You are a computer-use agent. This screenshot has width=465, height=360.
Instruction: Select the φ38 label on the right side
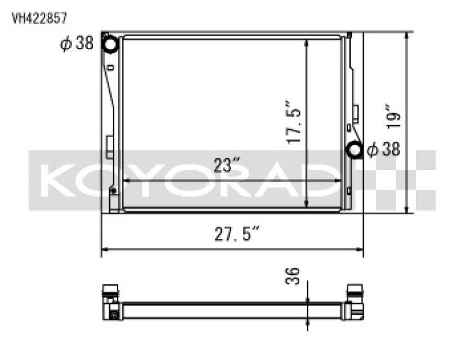tap(383, 150)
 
